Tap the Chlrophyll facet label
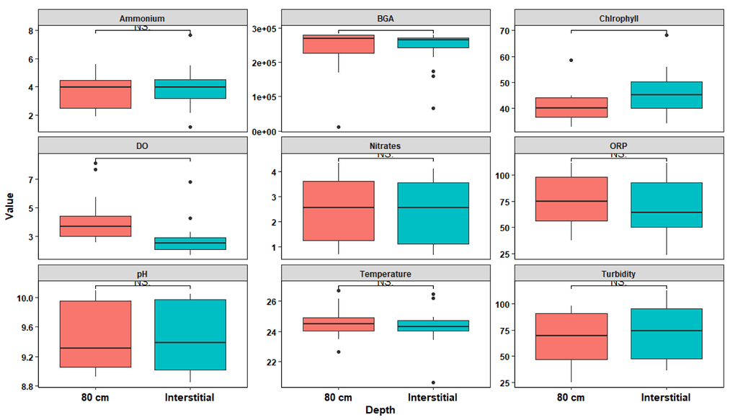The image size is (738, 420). (619, 18)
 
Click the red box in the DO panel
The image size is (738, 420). (96, 226)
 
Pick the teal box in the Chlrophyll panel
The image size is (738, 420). (666, 95)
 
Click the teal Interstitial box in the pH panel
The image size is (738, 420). (190, 335)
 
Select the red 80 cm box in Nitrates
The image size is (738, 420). (339, 211)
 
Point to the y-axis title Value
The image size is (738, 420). (9, 205)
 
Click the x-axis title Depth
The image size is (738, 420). (379, 410)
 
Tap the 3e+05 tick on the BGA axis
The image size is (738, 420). (262, 29)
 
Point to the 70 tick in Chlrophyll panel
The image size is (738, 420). (498, 31)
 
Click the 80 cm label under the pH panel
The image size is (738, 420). (96, 397)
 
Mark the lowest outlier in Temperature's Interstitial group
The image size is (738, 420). (432, 383)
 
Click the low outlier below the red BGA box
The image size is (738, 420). (339, 127)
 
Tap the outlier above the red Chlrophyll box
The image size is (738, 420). (572, 61)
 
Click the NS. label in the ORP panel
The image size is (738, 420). (618, 154)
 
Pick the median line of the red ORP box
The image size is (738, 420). (572, 201)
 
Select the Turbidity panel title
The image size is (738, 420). (619, 274)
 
